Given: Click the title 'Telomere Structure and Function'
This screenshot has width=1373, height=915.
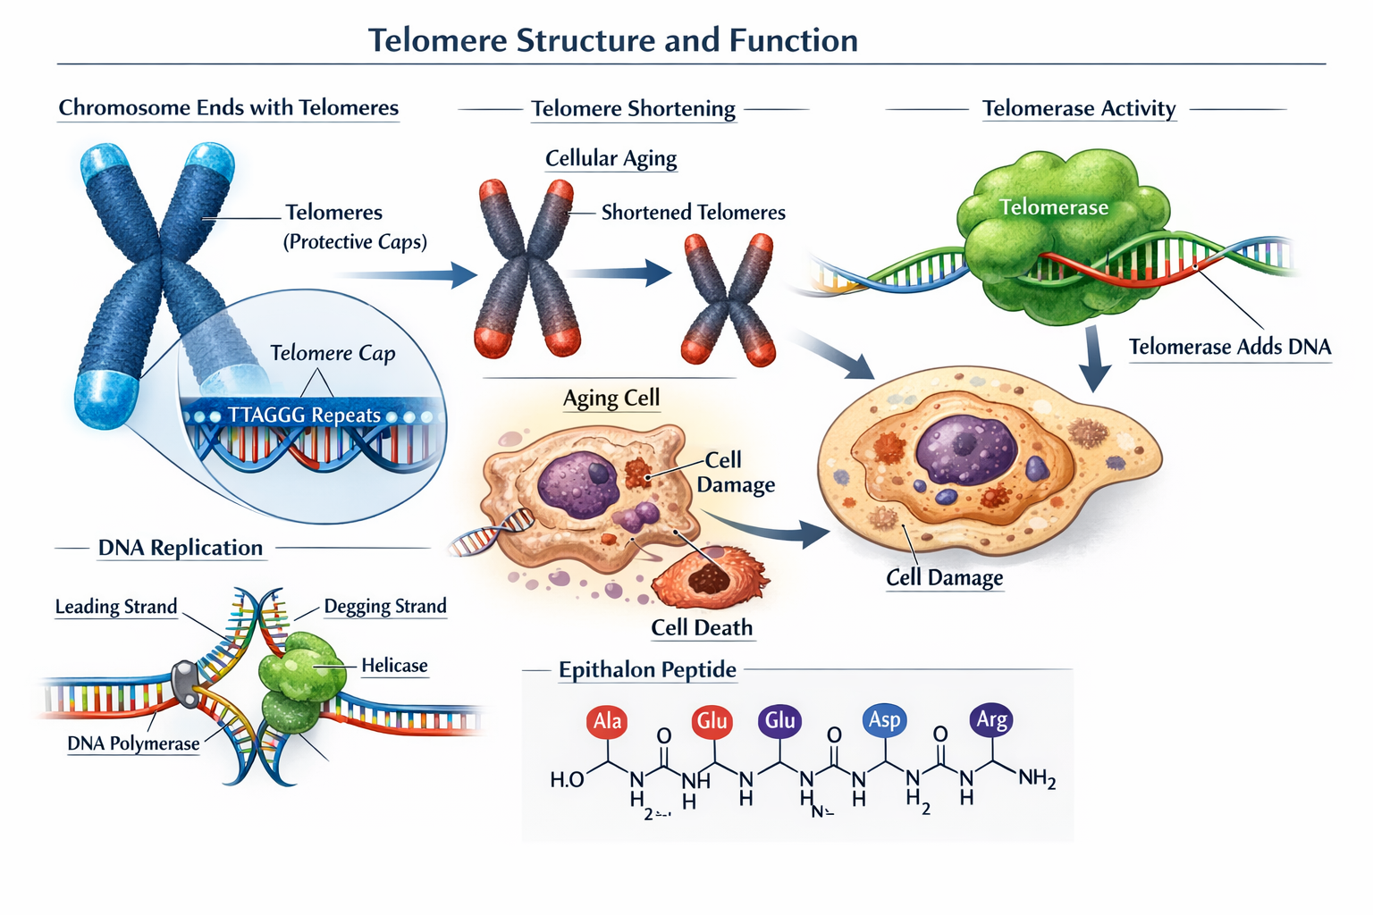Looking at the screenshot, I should [x=612, y=40].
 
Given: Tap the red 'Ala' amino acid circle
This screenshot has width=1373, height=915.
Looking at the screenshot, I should [x=608, y=721].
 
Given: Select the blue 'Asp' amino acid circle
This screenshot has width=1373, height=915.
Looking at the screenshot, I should [x=884, y=719].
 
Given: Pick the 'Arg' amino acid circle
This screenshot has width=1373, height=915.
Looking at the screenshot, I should [x=991, y=719].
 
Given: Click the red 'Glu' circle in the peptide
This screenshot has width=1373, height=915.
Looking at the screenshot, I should [x=712, y=721].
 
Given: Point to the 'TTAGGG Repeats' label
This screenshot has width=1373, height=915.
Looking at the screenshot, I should [x=304, y=416].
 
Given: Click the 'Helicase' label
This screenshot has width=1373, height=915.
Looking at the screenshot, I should [x=394, y=666].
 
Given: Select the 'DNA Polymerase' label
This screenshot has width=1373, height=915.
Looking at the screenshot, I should [x=133, y=743].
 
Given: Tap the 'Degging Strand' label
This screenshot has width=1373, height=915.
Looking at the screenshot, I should [x=384, y=607].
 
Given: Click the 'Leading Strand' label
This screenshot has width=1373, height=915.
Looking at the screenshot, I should [x=116, y=607].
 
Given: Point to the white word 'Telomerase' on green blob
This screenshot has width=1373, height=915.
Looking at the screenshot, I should [x=1053, y=207].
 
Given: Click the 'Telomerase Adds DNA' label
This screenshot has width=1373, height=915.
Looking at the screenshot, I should [x=1229, y=347].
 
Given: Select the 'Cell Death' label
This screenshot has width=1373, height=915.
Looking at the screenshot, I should [x=702, y=628].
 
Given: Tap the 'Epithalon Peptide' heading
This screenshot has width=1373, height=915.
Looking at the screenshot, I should [x=647, y=670].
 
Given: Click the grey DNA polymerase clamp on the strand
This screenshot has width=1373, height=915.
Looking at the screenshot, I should [x=186, y=684].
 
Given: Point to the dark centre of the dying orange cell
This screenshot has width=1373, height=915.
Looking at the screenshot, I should [x=708, y=579].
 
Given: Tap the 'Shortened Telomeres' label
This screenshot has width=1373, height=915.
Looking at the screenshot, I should [x=693, y=213].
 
